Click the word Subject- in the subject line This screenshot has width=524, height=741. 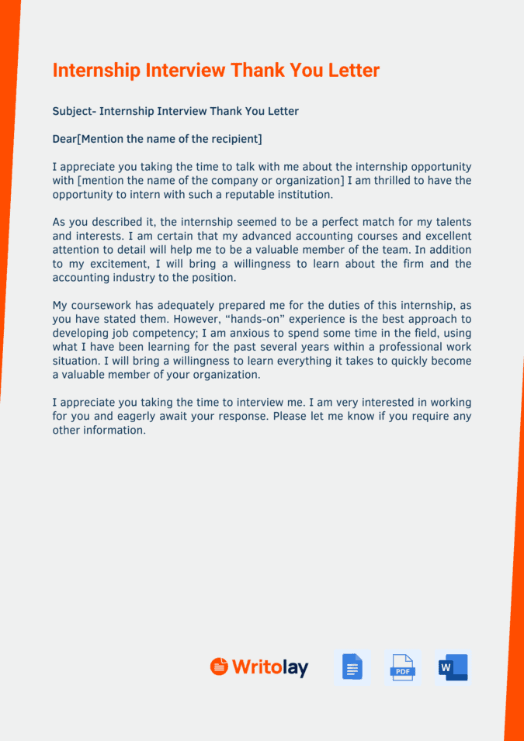click(74, 112)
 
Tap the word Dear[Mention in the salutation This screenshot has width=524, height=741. click(87, 140)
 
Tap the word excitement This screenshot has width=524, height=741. click(114, 265)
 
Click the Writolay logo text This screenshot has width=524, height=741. click(269, 667)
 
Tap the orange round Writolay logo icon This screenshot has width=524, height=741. click(219, 667)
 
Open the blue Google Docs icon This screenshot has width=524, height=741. click(352, 667)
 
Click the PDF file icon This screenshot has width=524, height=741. click(402, 667)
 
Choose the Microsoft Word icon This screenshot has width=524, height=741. click(453, 667)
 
